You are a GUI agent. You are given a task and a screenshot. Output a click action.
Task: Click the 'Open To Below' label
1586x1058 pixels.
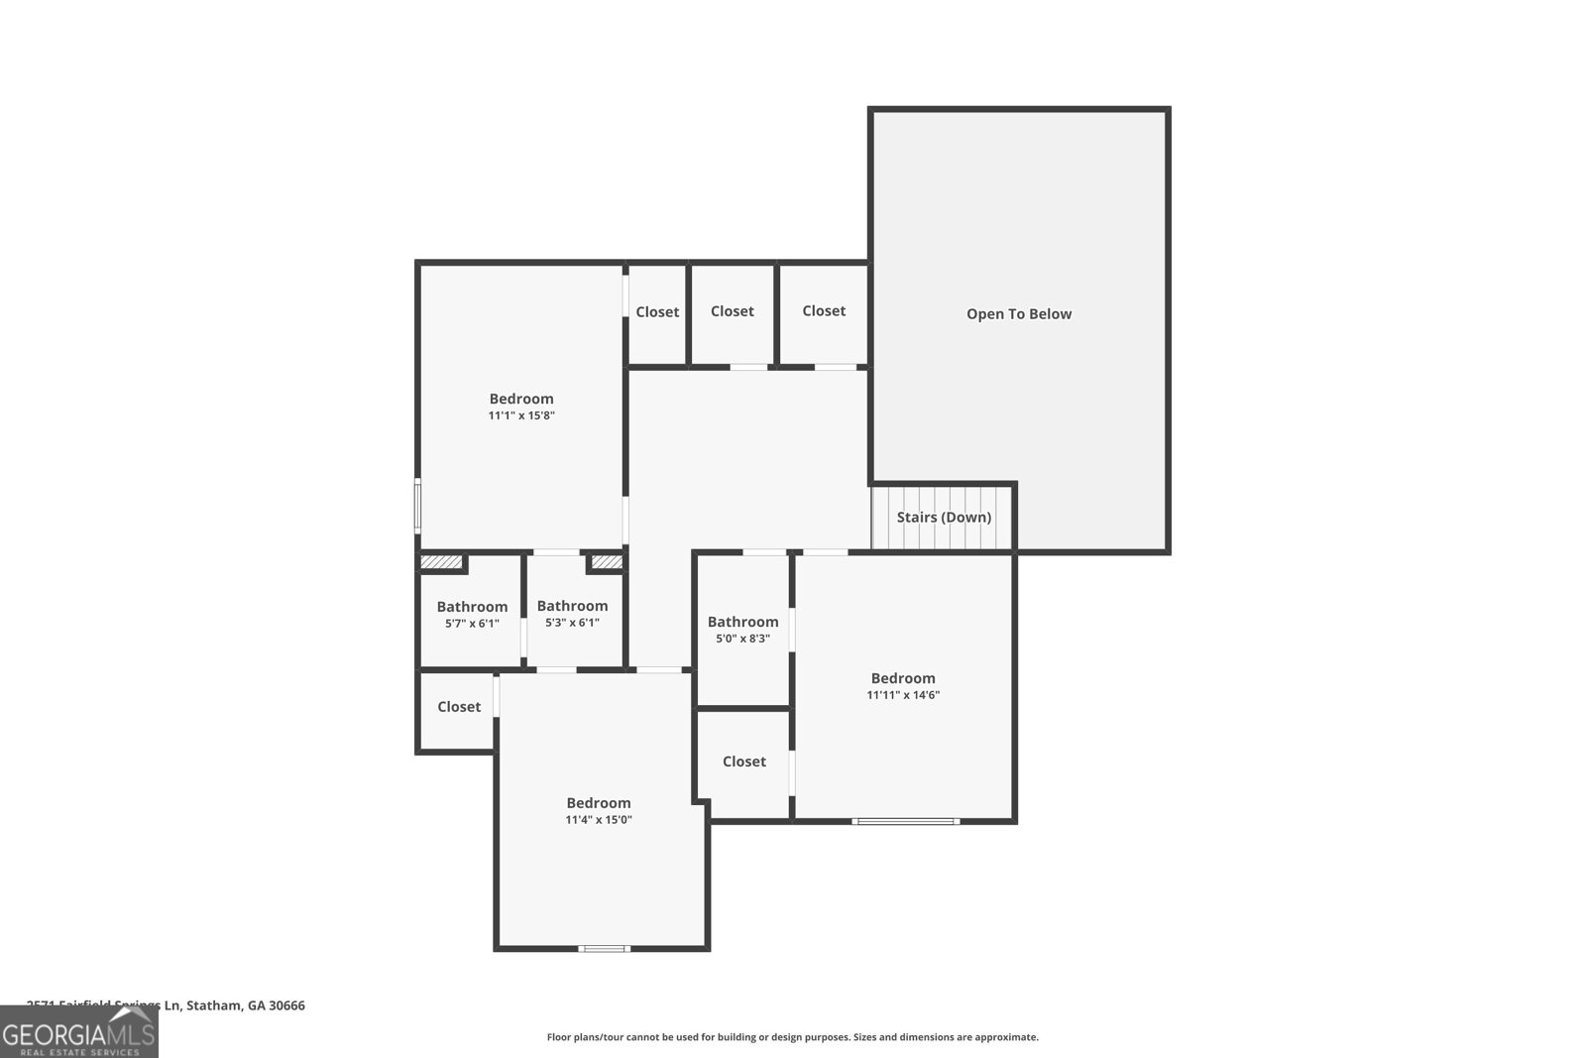[x=1019, y=314]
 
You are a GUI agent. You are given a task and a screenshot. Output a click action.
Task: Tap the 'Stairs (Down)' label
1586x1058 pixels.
[x=944, y=518]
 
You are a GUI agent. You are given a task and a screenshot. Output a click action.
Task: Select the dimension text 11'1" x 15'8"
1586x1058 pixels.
[x=521, y=416]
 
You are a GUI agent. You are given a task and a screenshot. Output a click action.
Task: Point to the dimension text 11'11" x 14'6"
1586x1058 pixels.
[x=903, y=695]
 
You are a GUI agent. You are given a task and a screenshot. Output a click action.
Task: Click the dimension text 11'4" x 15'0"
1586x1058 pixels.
[x=599, y=820]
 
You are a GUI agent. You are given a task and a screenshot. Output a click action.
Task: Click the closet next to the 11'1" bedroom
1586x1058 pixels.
[x=657, y=312]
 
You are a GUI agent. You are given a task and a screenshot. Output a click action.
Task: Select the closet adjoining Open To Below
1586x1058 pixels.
[x=824, y=311]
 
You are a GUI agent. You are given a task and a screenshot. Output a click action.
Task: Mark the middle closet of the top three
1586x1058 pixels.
[x=733, y=311]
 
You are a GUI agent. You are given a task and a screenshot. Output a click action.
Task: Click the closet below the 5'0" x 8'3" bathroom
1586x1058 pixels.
[x=743, y=762]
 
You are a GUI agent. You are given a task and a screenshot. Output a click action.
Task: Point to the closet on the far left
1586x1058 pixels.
[x=458, y=707]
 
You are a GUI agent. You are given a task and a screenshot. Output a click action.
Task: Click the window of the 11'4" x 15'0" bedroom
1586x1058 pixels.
[x=604, y=949]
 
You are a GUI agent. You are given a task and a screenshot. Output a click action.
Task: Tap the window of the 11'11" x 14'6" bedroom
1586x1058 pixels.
[x=905, y=821]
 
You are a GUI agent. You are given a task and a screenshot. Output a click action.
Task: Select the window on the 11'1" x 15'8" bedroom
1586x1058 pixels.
[x=417, y=506]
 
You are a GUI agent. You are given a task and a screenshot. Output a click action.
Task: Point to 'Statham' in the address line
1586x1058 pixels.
[x=214, y=1005]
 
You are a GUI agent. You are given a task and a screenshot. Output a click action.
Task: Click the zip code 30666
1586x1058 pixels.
[x=286, y=1005]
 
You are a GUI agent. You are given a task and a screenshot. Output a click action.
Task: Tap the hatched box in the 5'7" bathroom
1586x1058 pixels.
[x=442, y=562]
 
